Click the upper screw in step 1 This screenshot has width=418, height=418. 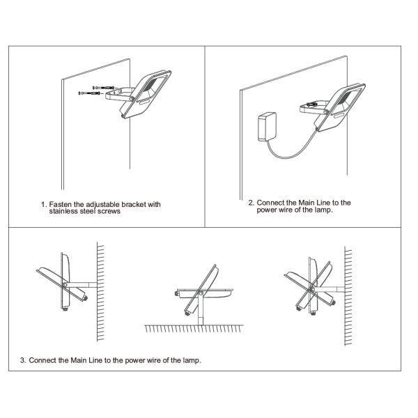103,88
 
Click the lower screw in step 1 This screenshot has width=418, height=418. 89,93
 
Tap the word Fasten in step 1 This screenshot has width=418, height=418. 61,204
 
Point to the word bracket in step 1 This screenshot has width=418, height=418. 130,204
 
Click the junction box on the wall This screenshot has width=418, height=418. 267,126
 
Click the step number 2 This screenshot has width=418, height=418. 251,203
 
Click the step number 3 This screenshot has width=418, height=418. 23,360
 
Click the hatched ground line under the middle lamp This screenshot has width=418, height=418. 194,329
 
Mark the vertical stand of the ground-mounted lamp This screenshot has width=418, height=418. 201,309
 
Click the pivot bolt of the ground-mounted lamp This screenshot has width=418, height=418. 201,294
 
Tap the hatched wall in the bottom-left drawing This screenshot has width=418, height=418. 100,292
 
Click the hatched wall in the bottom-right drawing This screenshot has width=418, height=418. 348,296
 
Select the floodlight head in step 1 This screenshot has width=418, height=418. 146,94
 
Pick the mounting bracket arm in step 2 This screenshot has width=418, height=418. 314,107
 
